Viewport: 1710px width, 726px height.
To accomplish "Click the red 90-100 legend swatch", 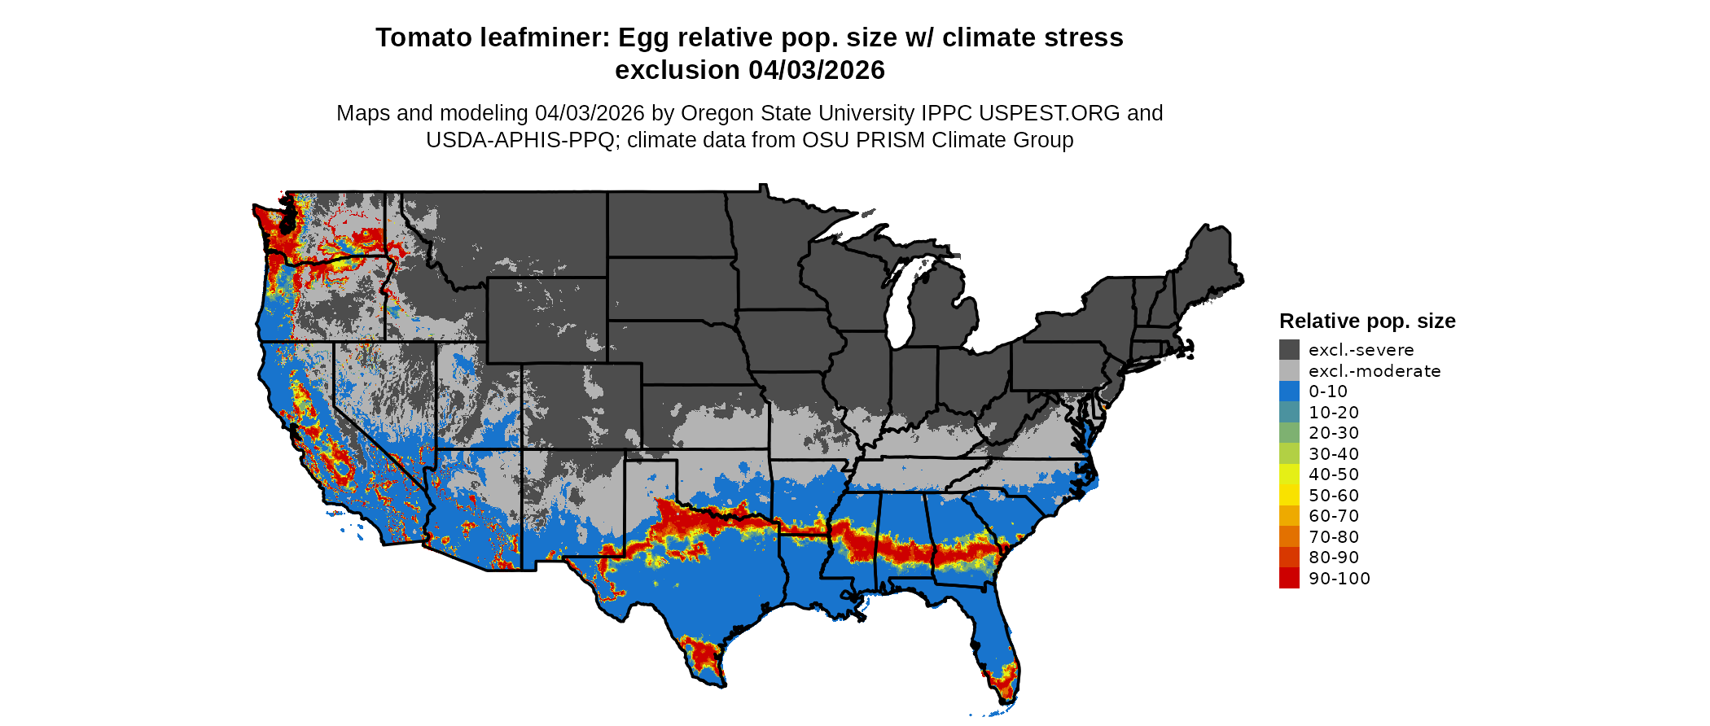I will [1289, 578].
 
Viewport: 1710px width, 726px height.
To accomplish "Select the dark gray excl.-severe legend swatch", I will [1289, 350].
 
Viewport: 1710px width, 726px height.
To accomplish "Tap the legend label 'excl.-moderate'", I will [1375, 371].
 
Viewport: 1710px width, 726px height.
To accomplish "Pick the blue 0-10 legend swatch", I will [1289, 391].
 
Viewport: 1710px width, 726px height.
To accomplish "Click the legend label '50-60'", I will [1334, 496].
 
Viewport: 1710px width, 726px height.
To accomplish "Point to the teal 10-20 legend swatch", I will [1289, 412].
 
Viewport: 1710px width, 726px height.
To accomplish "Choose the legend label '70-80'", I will [1334, 537].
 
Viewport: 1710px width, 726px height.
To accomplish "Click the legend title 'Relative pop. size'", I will [1367, 321].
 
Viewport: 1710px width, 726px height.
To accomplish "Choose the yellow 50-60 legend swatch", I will [1289, 495].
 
